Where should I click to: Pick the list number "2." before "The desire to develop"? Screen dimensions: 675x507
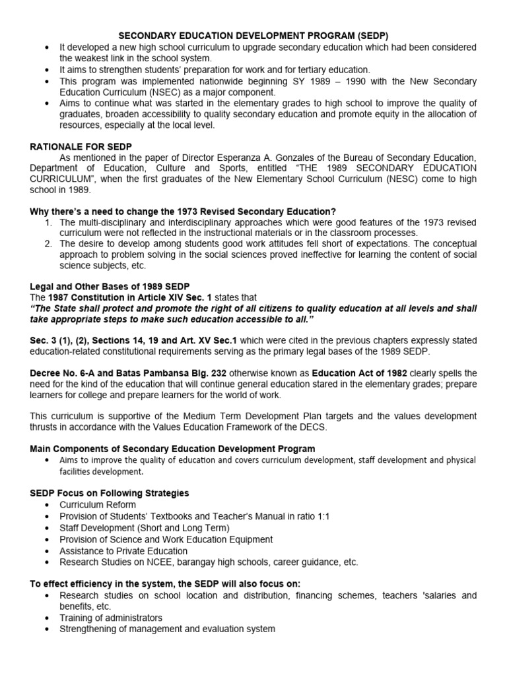click(48, 243)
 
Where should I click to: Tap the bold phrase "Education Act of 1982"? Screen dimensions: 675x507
click(360, 373)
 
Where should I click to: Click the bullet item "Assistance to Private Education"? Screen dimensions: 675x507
click(123, 550)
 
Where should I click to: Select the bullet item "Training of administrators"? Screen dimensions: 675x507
click(111, 618)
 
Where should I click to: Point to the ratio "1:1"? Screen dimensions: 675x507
click(320, 516)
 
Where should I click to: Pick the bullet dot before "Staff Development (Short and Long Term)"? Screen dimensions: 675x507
click(48, 528)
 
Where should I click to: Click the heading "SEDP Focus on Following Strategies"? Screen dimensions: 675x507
click(110, 493)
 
